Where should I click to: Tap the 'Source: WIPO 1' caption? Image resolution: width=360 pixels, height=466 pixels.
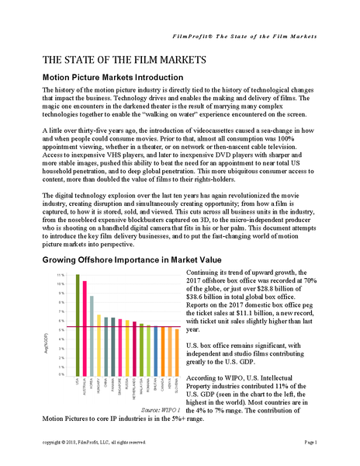(159, 409)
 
